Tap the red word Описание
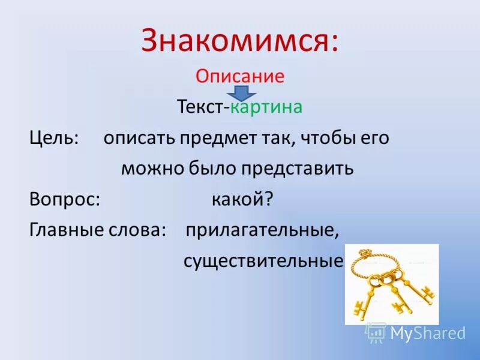[x=239, y=77]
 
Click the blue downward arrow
[x=241, y=93]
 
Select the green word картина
[x=266, y=107]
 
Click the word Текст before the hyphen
[x=200, y=107]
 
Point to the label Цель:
[x=55, y=138]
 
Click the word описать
[x=138, y=138]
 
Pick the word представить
[x=297, y=169]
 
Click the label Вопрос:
[x=64, y=200]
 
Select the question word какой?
[x=242, y=200]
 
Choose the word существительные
[x=263, y=261]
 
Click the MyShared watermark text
[x=428, y=333]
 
